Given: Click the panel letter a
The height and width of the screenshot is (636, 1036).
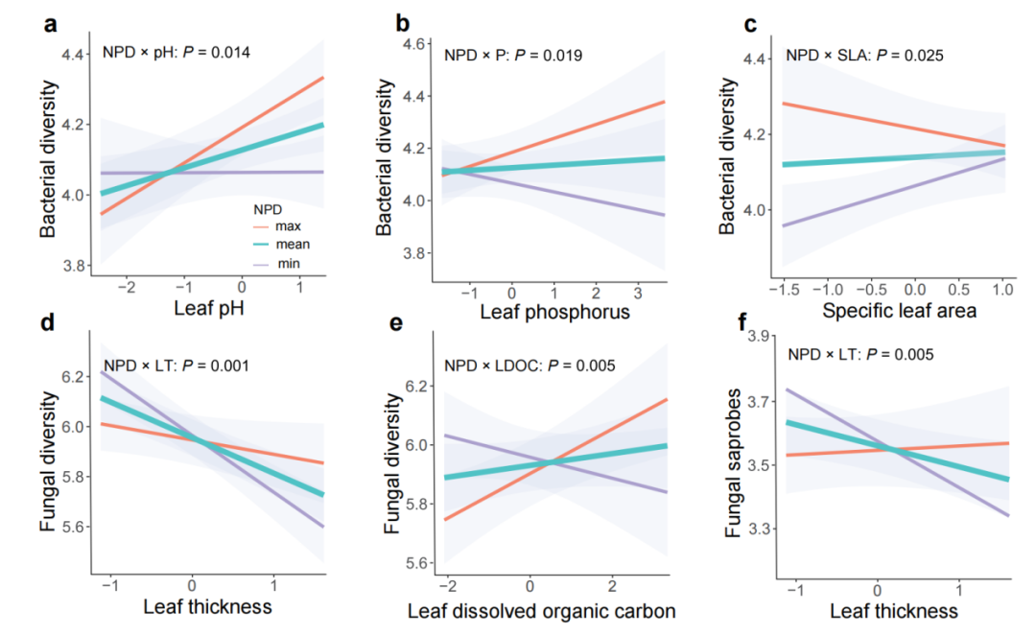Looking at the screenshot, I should (x=49, y=25).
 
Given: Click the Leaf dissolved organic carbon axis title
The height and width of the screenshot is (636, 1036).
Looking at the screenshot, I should (x=543, y=611).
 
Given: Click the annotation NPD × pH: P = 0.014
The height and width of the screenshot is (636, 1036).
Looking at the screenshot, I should (x=177, y=53).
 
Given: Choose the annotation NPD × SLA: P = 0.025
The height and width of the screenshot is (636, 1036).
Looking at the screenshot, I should (x=864, y=56).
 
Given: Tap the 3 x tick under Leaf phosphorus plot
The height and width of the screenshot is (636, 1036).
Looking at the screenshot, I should (x=637, y=291).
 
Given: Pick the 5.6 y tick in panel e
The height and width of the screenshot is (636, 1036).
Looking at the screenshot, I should (x=414, y=562).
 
